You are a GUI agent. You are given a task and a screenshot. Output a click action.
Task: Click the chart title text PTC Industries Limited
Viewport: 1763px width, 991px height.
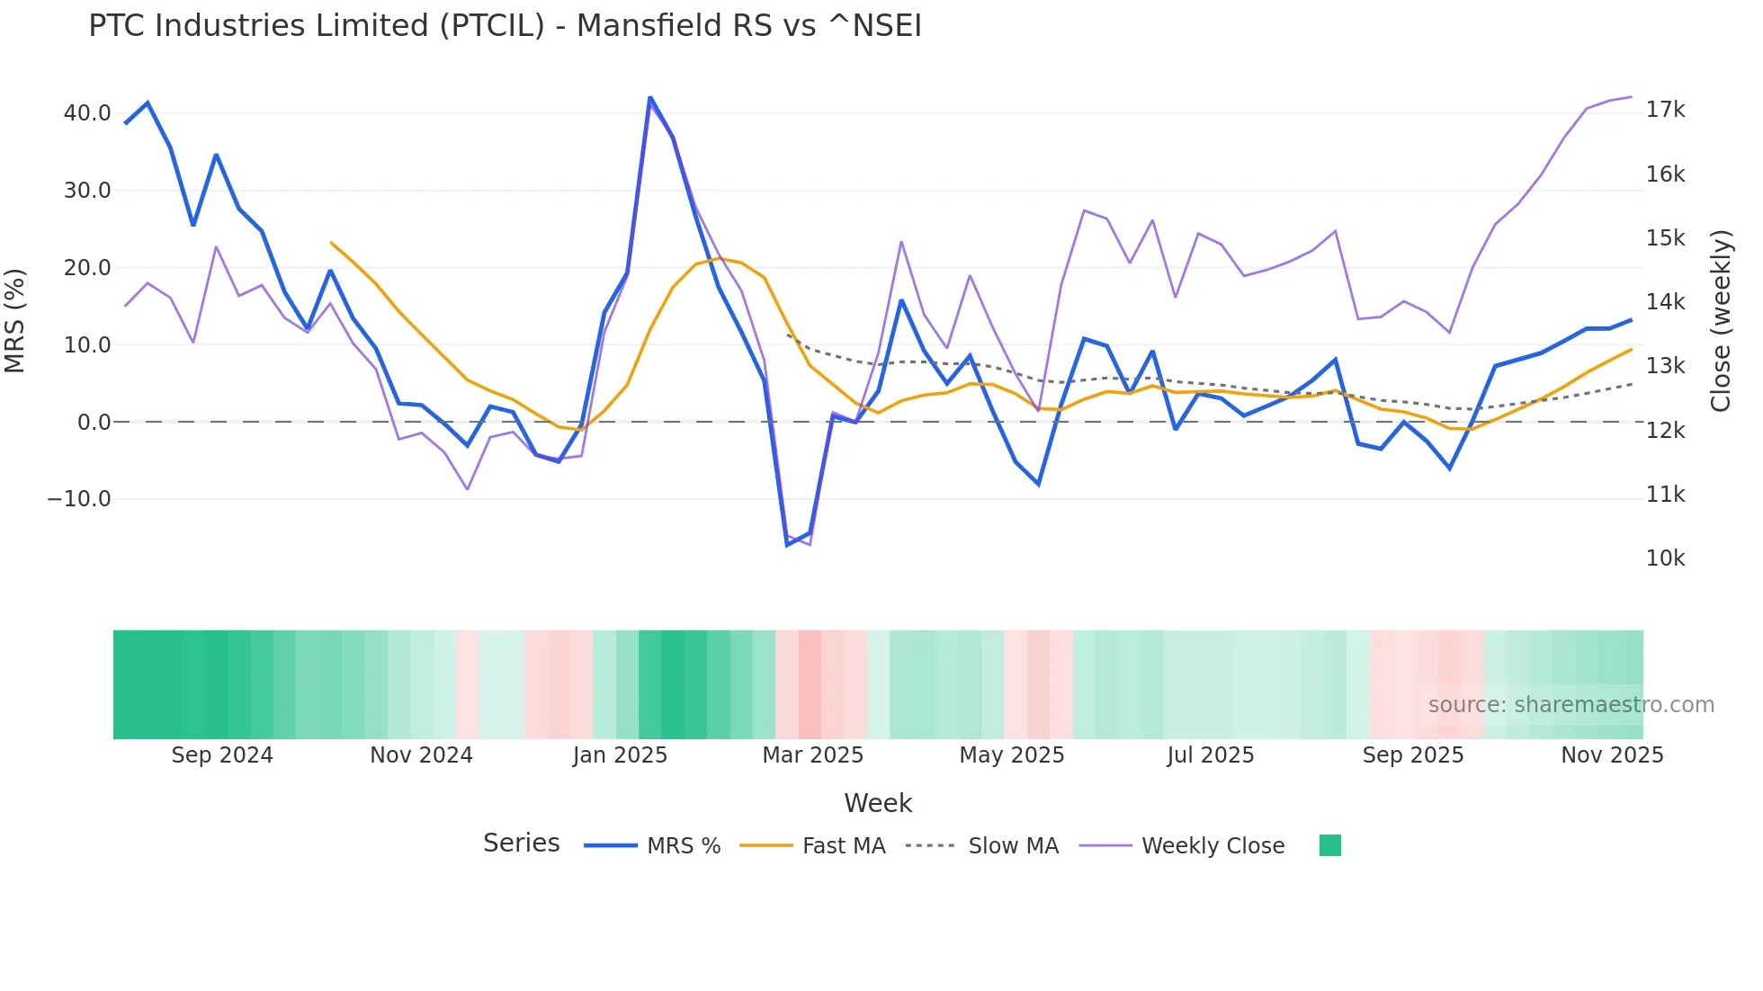point(505,26)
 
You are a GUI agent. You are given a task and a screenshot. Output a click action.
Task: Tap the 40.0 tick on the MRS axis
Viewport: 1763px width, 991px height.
point(87,113)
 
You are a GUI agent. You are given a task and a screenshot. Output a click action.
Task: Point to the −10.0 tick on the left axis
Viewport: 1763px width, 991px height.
point(79,499)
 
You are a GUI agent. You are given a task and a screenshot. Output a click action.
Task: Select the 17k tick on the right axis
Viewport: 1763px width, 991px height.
point(1665,110)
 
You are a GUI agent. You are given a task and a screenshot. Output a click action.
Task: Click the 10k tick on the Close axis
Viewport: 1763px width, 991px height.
point(1665,558)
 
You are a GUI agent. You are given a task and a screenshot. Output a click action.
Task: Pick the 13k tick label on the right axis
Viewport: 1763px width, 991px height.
point(1665,366)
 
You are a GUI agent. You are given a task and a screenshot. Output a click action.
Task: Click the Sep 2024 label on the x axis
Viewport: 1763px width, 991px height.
point(222,755)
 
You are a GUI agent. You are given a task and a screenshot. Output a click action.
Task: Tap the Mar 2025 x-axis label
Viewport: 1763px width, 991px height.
point(812,755)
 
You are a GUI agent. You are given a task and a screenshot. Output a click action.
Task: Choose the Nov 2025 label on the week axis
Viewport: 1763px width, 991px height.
point(1612,755)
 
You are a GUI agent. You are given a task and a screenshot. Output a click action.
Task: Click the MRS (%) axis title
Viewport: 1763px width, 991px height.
point(15,320)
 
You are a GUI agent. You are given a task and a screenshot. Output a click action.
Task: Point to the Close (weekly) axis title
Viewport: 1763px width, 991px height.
point(1721,320)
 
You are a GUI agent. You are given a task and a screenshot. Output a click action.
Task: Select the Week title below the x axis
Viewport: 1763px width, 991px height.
point(878,803)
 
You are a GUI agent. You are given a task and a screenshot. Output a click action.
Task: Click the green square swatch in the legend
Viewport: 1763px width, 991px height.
point(1329,845)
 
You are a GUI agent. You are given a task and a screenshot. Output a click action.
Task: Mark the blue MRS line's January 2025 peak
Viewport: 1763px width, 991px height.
point(649,98)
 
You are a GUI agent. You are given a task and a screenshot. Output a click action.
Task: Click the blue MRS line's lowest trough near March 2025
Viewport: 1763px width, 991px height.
point(788,545)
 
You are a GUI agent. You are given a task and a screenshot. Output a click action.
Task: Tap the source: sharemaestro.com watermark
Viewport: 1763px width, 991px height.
point(1571,705)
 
